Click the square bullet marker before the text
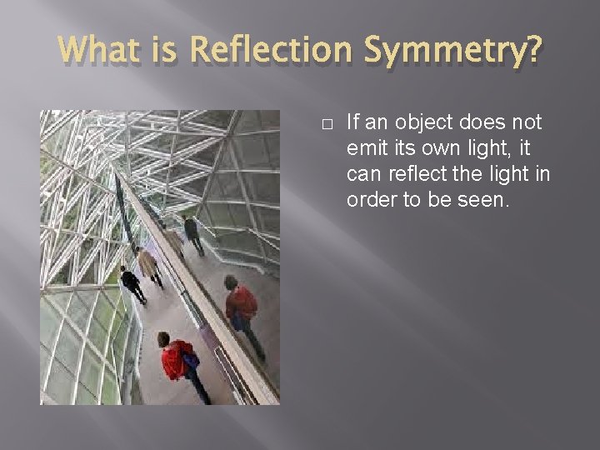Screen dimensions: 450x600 coord(327,124)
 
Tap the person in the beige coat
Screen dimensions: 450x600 coord(149,266)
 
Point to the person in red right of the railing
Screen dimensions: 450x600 coord(242,307)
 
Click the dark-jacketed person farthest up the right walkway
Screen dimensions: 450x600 coord(193,232)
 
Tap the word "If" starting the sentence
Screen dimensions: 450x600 coord(352,122)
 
